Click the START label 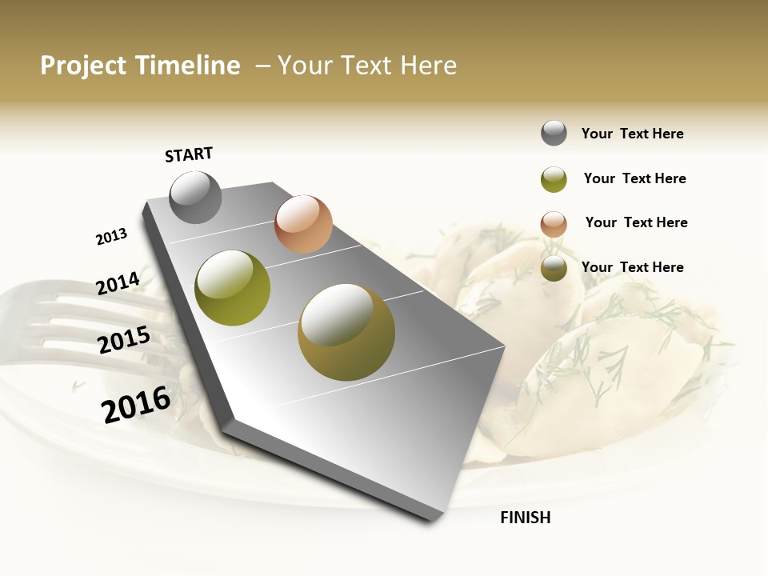coord(189,154)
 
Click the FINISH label coord(525,518)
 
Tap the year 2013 coord(111,237)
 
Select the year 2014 coord(118,284)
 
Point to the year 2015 coord(124,340)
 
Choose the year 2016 coord(136,404)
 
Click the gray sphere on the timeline coord(195,198)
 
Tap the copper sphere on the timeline coord(303,224)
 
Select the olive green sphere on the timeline coord(232,288)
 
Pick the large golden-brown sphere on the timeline coord(346,332)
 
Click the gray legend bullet coord(554,133)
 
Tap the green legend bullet coord(554,179)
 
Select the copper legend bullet coord(554,224)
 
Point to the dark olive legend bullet coord(554,269)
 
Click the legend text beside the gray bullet coord(632,134)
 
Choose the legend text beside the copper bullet coord(636,222)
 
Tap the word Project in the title coord(83,66)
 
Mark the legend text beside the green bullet coord(634,178)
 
